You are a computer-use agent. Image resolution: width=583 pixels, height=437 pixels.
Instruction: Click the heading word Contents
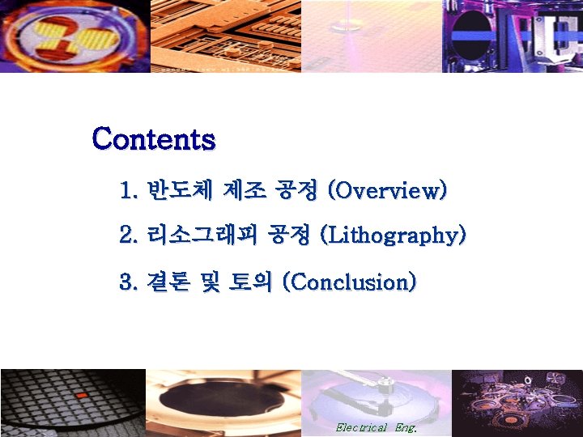click(154, 139)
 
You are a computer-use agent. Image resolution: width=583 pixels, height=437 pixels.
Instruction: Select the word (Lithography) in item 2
click(394, 236)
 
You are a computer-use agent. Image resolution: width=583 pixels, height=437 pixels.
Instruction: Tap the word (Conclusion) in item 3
click(349, 282)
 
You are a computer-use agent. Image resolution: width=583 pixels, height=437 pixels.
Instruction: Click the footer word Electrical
click(361, 426)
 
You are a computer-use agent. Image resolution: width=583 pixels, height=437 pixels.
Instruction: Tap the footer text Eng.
click(405, 426)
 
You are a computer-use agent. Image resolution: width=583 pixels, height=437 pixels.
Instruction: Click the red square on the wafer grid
click(80, 395)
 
